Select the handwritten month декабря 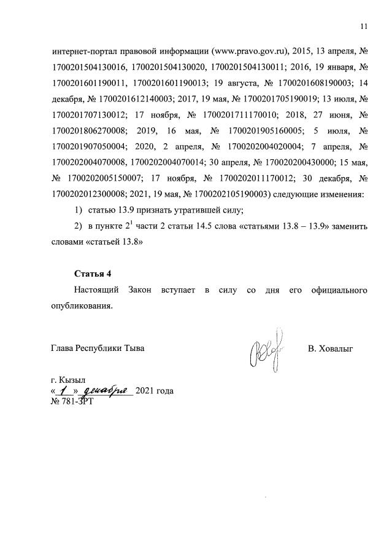[106, 391]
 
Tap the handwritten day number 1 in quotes [63, 391]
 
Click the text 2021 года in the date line [154, 391]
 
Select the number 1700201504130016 [90, 66]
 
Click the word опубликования [82, 305]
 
